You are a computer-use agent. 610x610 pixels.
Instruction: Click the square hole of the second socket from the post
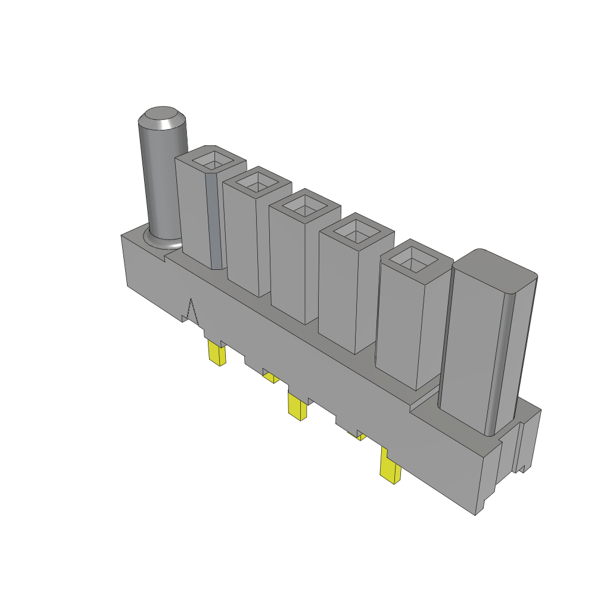(257, 182)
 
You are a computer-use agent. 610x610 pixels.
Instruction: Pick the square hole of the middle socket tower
(304, 206)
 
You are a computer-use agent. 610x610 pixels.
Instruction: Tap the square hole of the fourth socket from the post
(356, 229)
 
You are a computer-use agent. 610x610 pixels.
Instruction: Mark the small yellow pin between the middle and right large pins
(360, 436)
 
